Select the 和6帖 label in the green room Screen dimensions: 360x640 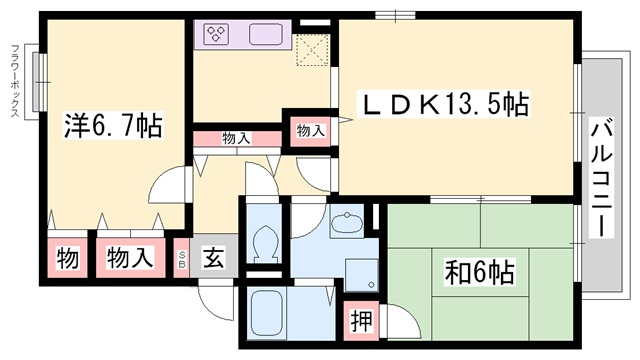(x=481, y=270)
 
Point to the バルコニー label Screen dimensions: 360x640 (x=602, y=178)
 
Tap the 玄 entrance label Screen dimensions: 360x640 (x=214, y=258)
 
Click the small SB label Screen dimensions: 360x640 (x=181, y=258)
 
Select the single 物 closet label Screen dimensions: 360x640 (x=68, y=258)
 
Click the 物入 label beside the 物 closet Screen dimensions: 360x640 (x=131, y=258)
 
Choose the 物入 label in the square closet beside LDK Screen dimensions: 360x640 (x=310, y=130)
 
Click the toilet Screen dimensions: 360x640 (x=267, y=243)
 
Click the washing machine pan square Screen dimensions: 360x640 (x=359, y=273)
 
